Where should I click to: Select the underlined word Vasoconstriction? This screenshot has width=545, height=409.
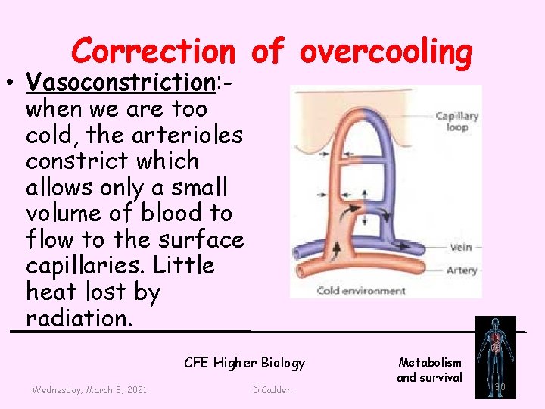click(120, 82)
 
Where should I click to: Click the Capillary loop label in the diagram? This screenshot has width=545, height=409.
click(456, 121)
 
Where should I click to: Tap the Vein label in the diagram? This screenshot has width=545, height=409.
click(461, 247)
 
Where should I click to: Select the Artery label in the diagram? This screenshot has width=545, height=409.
click(462, 270)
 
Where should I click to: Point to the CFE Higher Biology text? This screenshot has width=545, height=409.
click(244, 363)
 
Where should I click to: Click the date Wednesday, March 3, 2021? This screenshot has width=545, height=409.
click(89, 389)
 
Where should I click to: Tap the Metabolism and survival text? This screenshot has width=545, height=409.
click(429, 370)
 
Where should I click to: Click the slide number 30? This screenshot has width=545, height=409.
click(500, 388)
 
